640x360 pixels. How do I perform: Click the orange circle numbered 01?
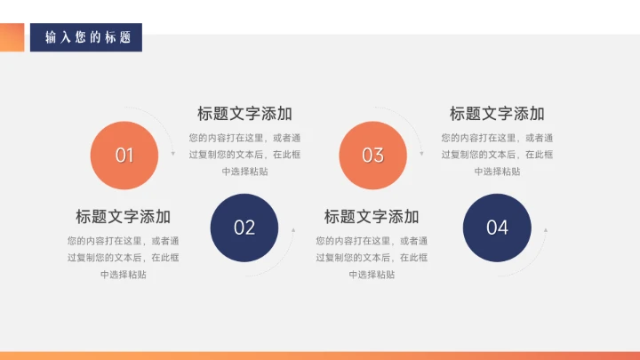coord(124,156)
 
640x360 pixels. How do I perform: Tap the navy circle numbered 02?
coord(244,228)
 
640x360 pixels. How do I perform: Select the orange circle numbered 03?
coord(372,156)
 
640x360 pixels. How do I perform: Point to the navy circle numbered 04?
coord(497,228)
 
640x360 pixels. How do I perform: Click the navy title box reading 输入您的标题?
coord(86,37)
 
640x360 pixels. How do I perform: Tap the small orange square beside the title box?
coord(12,37)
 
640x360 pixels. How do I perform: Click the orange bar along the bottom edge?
coord(320,356)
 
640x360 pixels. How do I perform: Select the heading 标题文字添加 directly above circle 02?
coord(244,114)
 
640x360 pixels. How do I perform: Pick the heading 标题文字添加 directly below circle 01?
coord(124,217)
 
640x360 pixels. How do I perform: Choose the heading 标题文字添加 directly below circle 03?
coord(372,217)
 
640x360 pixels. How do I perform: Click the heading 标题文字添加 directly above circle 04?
coord(497,114)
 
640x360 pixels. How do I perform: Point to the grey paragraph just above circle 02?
coord(244,154)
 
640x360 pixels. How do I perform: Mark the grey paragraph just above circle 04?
coord(497,154)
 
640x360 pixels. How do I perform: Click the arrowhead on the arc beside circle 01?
coord(173,154)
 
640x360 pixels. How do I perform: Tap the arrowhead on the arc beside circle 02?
coord(293,230)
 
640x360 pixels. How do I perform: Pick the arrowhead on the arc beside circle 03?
coord(421,154)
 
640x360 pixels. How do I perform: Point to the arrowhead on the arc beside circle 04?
coord(546,230)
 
